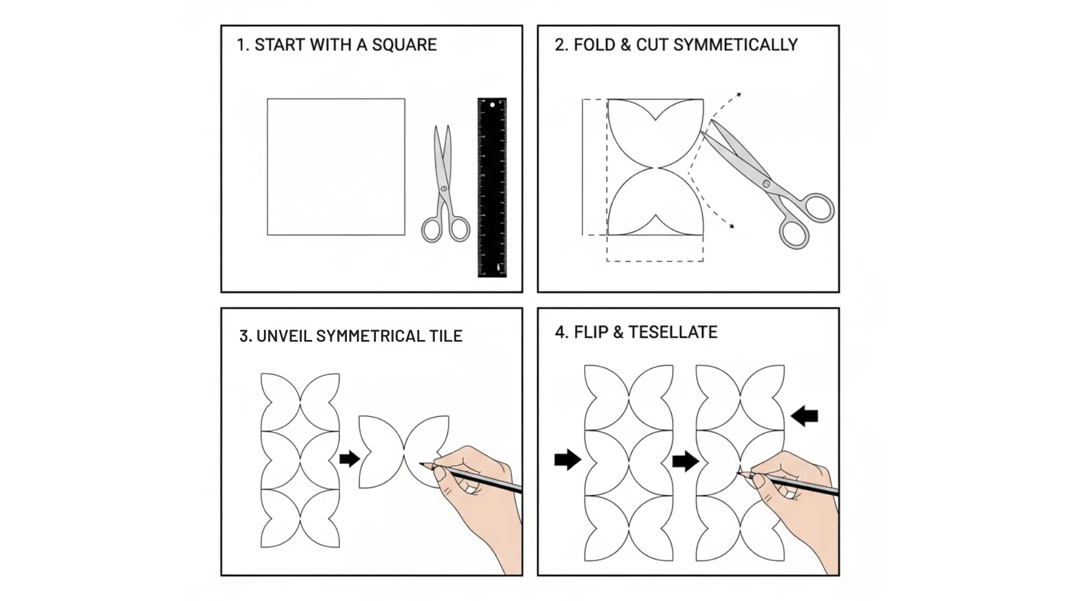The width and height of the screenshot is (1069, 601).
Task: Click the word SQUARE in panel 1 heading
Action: [x=404, y=45]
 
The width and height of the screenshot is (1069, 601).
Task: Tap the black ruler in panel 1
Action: [x=492, y=188]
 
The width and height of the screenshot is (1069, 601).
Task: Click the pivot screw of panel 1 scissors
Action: [x=444, y=189]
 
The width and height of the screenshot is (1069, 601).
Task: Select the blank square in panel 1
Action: [x=336, y=167]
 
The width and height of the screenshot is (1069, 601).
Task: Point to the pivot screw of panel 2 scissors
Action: [x=766, y=183]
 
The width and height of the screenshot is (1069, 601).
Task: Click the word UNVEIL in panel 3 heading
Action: [x=285, y=336]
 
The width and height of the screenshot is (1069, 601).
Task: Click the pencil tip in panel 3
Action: [x=421, y=462]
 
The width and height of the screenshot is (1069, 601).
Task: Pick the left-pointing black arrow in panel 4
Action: [x=805, y=416]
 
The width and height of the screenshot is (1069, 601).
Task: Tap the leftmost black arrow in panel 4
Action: [x=567, y=460]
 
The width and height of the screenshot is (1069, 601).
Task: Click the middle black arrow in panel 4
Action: [x=685, y=461]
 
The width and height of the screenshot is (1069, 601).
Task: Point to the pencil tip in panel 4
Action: [x=738, y=473]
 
